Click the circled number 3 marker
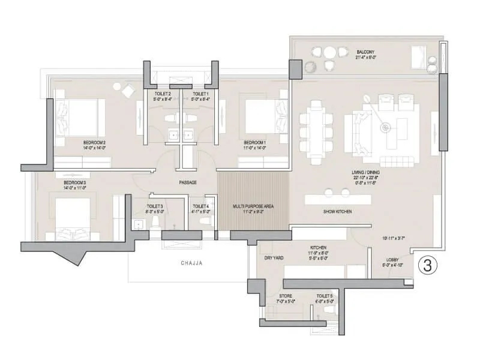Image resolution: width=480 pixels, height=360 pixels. (428, 265)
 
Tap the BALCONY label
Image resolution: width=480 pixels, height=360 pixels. (365, 53)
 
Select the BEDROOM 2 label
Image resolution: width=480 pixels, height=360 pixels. (95, 142)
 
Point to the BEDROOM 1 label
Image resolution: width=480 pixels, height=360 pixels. (254, 142)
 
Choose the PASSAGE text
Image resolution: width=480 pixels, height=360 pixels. (188, 182)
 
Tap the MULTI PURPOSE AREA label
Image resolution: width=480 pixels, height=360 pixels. (253, 206)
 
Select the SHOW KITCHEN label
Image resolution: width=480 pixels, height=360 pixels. (337, 212)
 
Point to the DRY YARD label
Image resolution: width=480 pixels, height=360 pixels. (274, 257)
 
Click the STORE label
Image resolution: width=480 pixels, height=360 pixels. (286, 296)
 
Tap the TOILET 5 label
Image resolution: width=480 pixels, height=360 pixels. (325, 296)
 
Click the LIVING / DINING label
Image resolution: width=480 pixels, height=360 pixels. (365, 172)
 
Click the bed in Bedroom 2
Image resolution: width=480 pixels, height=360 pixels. (78, 117)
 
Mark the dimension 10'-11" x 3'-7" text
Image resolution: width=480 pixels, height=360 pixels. (393, 238)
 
